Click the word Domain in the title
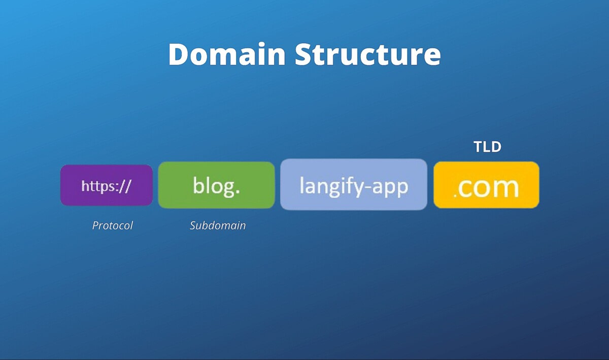[x=227, y=54]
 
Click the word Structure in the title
[x=368, y=54]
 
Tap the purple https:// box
[x=107, y=185]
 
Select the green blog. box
[x=217, y=185]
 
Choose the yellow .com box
[x=486, y=185]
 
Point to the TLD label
[x=487, y=147]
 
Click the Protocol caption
[x=112, y=225]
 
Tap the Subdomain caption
[x=218, y=225]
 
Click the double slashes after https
[x=125, y=186]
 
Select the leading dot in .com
[x=455, y=195]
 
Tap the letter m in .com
[x=505, y=188]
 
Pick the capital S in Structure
[x=304, y=54]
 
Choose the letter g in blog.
[x=227, y=188]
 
